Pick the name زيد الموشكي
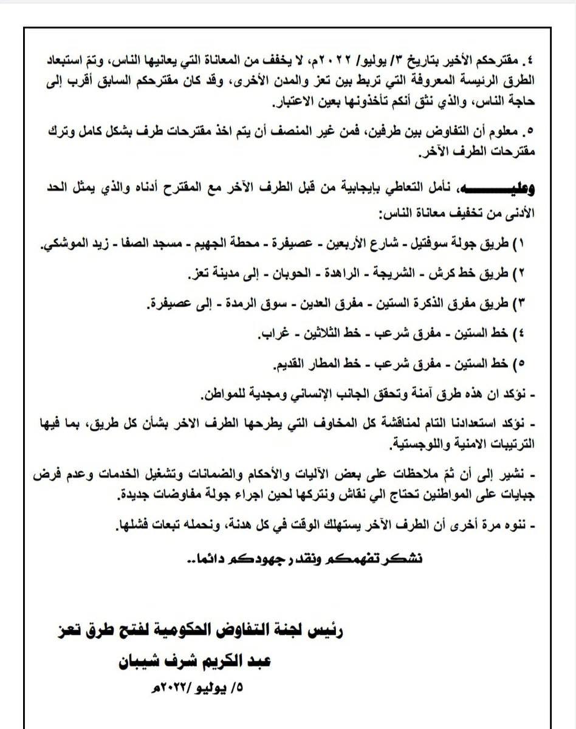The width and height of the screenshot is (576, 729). click(x=72, y=245)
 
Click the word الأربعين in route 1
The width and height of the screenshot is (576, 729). click(x=364, y=245)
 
